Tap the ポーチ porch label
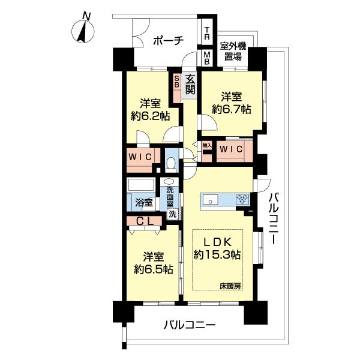coord(167,40)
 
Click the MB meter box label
coord(206,58)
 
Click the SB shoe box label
coord(177,81)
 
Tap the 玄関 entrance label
coord(190,84)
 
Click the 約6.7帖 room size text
coord(231,109)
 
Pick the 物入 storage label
coord(206,146)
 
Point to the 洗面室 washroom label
coord(171,197)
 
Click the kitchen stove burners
coord(243,199)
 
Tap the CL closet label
coord(144,221)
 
